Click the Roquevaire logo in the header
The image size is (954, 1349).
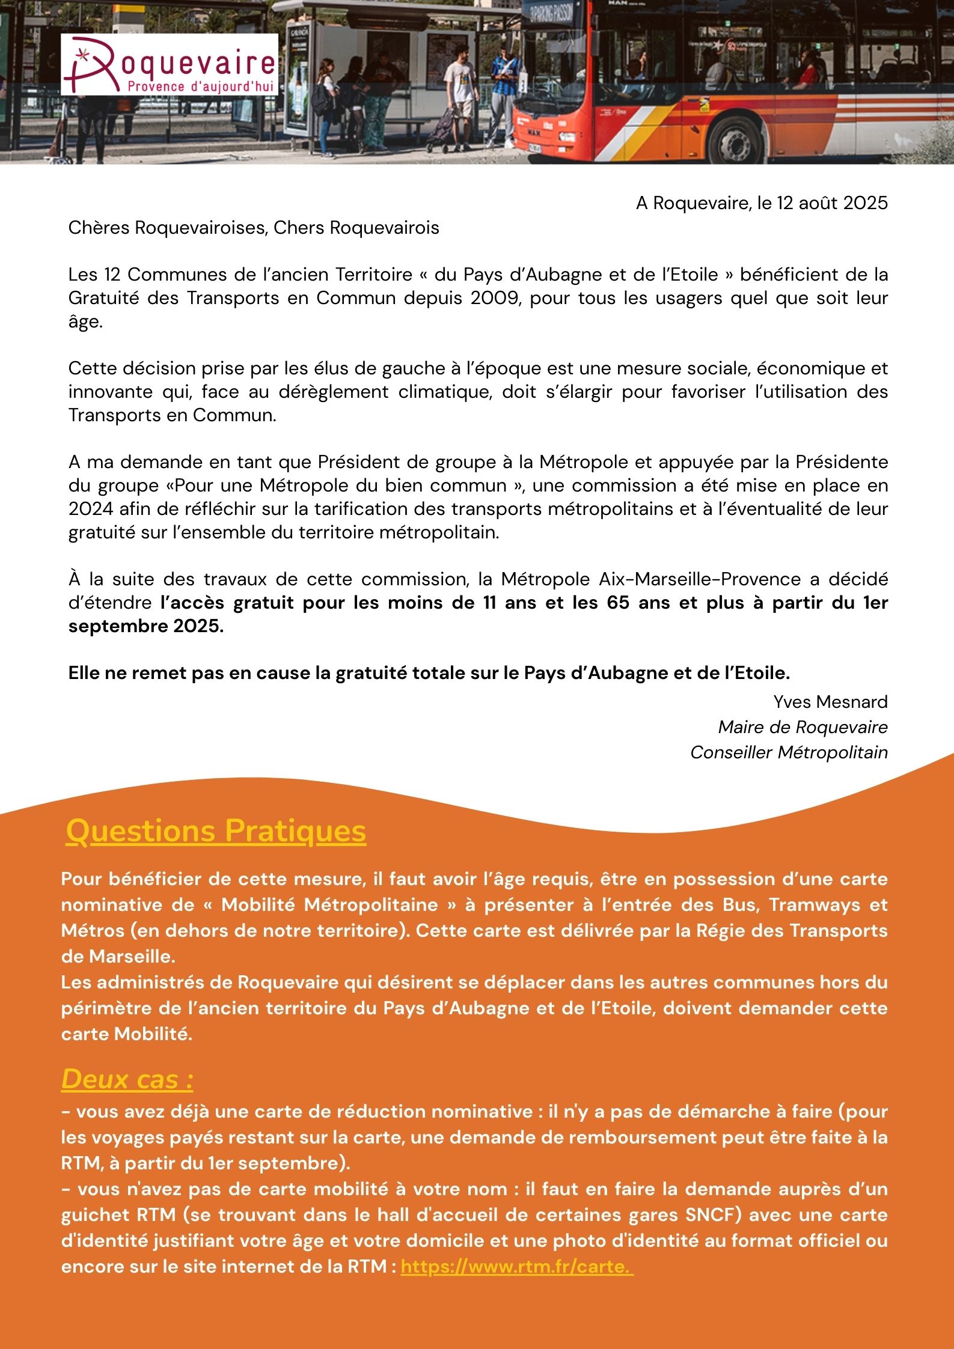point(169,65)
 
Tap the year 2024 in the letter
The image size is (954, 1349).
point(91,509)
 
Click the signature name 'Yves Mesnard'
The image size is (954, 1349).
point(830,702)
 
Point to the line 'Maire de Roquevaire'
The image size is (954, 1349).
point(803,727)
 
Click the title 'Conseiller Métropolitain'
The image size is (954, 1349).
point(789,752)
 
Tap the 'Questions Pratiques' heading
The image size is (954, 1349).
point(216,832)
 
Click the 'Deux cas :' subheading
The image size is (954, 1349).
point(127,1079)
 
